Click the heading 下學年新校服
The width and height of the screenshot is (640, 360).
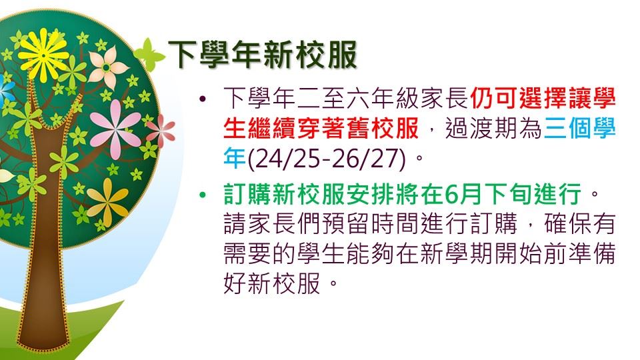263,54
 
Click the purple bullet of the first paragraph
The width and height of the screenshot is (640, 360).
203,99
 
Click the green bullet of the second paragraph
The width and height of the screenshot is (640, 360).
203,195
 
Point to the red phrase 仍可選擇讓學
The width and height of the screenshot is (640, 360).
543,99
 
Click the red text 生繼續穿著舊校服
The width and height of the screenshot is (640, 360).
321,129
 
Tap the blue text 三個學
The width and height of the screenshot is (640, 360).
579,129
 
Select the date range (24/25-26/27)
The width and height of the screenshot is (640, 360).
327,159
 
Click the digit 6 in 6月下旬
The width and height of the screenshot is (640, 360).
452,194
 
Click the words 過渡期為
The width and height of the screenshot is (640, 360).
493,129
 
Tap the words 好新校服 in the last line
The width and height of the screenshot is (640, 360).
271,283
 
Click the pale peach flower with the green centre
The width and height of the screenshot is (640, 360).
107,67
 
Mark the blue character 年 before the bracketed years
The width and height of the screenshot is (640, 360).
235,159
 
